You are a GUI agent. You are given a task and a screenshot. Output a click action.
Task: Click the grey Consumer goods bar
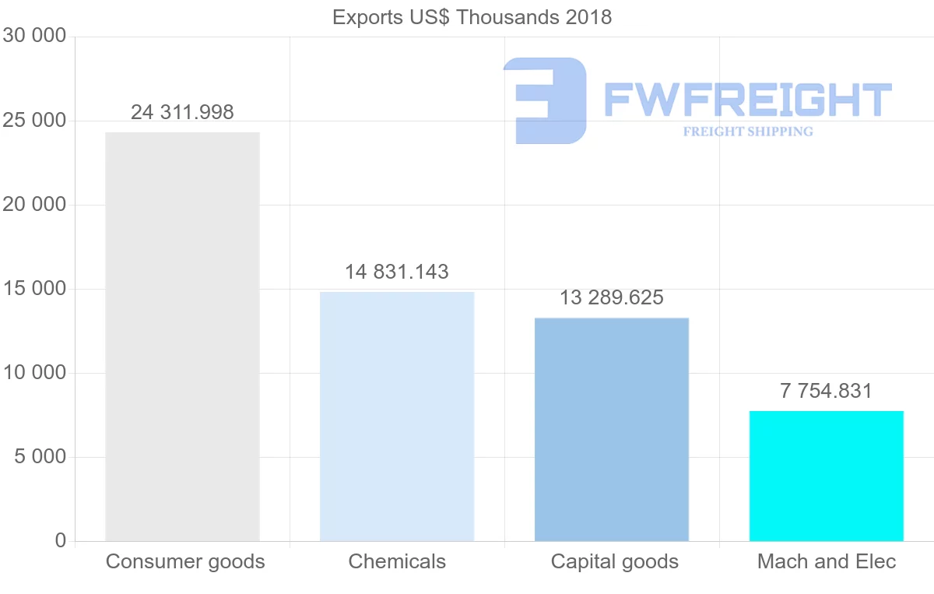[x=182, y=336]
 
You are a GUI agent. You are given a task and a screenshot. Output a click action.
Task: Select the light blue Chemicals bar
[x=397, y=417]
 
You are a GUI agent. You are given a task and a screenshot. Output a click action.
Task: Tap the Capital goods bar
[x=612, y=429]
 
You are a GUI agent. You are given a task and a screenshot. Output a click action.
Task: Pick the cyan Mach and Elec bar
[x=827, y=476]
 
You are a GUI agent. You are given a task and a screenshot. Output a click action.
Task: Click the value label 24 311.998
[x=182, y=112]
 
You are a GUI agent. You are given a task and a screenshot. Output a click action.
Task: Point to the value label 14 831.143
[x=397, y=272]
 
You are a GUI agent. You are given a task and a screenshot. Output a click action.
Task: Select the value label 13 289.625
[x=612, y=297]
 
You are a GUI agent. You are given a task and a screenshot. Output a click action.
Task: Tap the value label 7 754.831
[x=827, y=391]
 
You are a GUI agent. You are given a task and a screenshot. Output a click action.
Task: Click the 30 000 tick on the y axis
[x=33, y=36]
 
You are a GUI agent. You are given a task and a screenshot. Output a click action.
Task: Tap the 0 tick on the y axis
[x=61, y=540]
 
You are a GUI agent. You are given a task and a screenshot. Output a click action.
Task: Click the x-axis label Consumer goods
[x=185, y=561]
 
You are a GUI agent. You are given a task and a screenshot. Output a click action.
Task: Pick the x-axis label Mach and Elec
[x=827, y=561]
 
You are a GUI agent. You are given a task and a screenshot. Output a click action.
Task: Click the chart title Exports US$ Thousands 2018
[x=472, y=17]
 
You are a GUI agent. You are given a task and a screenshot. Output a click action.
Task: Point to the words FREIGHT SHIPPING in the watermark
[x=748, y=132]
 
